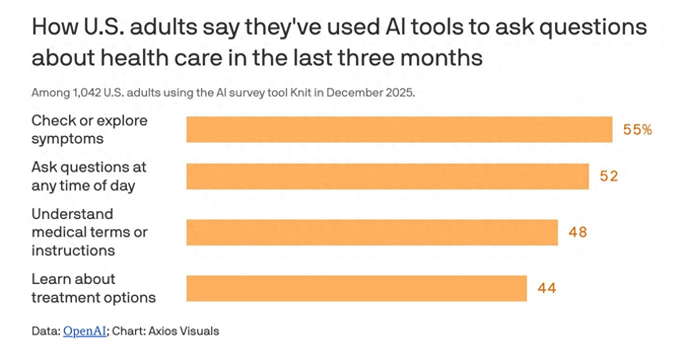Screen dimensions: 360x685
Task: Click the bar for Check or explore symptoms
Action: [399, 129]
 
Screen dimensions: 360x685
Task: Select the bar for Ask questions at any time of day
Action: [387, 176]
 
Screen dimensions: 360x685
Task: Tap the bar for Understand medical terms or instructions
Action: [372, 232]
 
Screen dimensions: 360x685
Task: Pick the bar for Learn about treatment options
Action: [356, 288]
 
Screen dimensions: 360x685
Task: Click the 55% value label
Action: [637, 130]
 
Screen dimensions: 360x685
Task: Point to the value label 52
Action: [609, 176]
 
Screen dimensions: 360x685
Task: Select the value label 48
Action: [577, 232]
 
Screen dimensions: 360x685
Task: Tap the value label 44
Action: [547, 288]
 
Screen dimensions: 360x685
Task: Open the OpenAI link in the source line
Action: [84, 331]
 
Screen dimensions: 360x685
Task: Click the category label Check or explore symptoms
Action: [89, 129]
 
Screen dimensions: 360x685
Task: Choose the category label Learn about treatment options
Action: [93, 288]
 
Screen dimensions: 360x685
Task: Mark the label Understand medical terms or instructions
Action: [89, 232]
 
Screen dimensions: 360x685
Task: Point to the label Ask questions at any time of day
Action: [88, 176]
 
